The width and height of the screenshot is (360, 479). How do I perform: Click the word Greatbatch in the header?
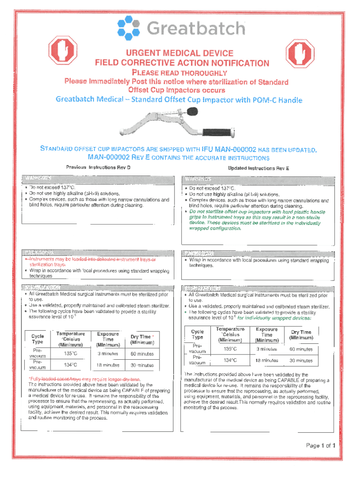pyautogui.click(x=196, y=29)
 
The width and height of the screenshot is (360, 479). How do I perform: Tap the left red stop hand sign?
pyautogui.click(x=60, y=50)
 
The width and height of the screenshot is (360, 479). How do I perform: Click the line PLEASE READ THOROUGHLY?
pyautogui.click(x=180, y=73)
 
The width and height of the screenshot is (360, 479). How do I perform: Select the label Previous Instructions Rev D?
pyautogui.click(x=98, y=167)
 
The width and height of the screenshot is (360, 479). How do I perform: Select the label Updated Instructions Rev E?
pyautogui.click(x=259, y=167)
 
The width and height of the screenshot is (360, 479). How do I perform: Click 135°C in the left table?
pyautogui.click(x=71, y=354)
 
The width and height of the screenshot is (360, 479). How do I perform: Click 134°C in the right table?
pyautogui.click(x=230, y=360)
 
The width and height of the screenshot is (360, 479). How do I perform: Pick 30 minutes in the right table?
pyautogui.click(x=301, y=361)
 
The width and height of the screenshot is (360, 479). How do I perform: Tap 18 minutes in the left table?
pyautogui.click(x=108, y=365)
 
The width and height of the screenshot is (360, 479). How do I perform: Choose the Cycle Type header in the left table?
pyautogui.click(x=37, y=339)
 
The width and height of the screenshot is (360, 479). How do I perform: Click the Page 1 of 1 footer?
pyautogui.click(x=321, y=445)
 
